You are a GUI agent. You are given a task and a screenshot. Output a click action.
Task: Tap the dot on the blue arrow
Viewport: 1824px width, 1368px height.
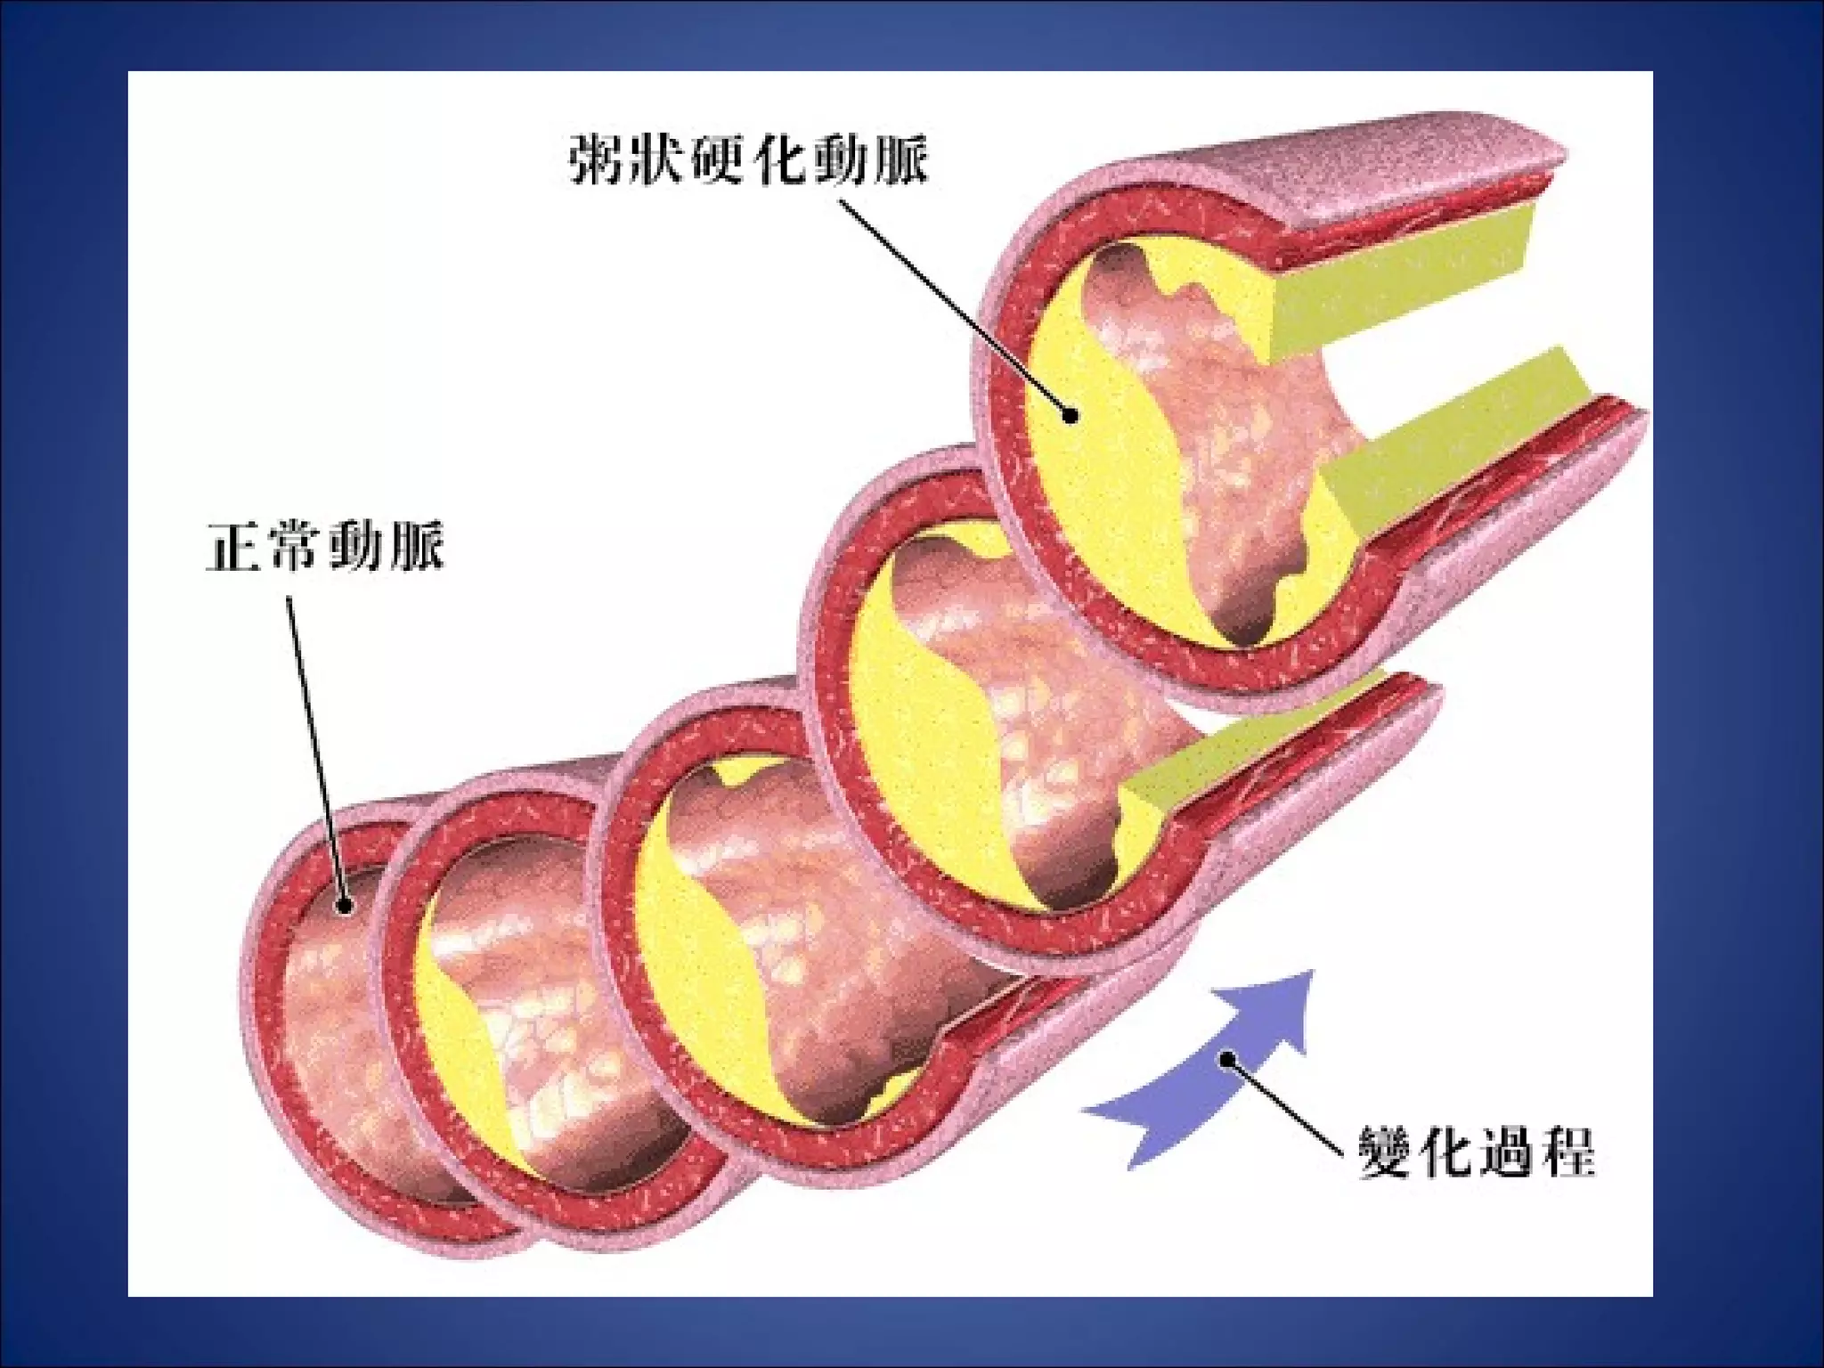(x=1230, y=1058)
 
